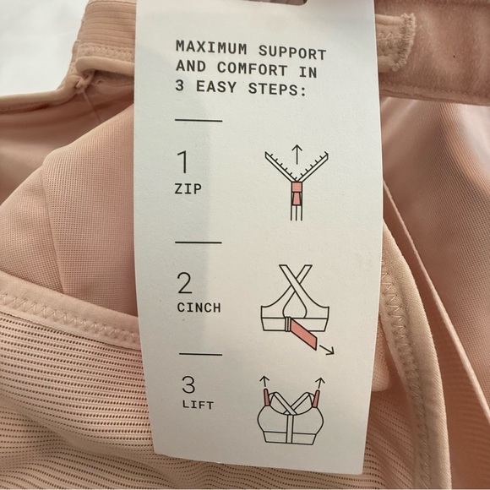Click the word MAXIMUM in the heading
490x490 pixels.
206,46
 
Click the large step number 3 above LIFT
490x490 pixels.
188,385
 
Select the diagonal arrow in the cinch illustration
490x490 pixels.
324,347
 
